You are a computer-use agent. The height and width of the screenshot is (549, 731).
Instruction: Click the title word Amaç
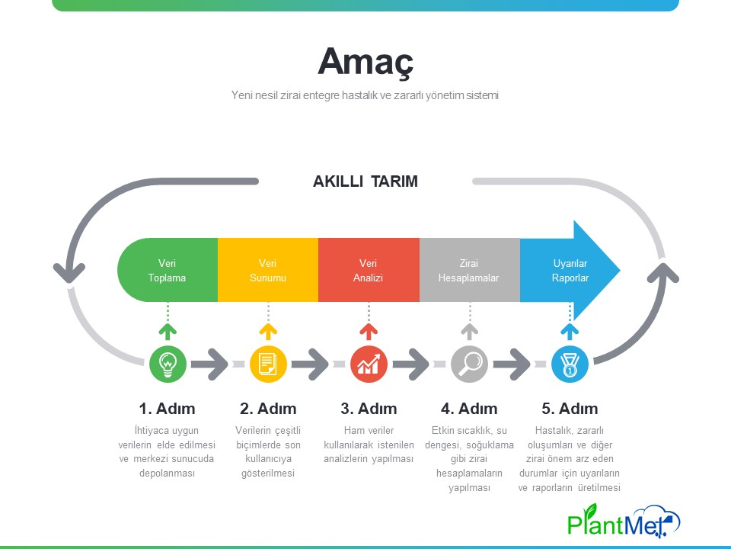[x=365, y=62]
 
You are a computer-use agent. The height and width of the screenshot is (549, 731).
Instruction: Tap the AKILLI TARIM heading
[x=365, y=181]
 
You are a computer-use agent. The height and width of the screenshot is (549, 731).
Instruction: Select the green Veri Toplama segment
[x=168, y=270]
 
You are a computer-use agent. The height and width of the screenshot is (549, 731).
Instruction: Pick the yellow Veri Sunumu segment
[x=268, y=270]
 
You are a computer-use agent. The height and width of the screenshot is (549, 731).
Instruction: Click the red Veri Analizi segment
[x=369, y=270]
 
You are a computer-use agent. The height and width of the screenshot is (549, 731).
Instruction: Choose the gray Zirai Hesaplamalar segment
[x=470, y=270]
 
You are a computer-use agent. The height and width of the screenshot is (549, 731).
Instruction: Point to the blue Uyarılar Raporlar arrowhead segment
[x=570, y=270]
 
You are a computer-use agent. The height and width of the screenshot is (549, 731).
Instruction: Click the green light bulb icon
[x=168, y=364]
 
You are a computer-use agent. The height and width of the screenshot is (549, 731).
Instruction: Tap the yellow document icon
[x=268, y=364]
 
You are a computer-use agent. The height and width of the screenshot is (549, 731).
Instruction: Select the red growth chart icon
[x=369, y=364]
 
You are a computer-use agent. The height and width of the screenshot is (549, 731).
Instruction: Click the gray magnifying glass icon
[x=470, y=364]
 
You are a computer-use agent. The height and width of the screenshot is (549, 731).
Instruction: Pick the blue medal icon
[x=570, y=364]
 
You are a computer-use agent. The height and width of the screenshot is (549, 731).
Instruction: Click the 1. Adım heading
[x=168, y=409]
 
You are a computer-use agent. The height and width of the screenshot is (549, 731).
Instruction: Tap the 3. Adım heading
[x=369, y=409]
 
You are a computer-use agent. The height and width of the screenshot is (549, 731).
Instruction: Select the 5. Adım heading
[x=570, y=409]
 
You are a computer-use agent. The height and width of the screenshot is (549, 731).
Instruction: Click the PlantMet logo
[x=624, y=520]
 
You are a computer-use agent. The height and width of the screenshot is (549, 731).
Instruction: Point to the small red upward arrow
[x=369, y=331]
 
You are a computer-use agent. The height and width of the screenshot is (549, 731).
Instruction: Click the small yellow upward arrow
[x=268, y=331]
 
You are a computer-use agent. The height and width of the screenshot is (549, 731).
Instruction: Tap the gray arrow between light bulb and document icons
[x=210, y=364]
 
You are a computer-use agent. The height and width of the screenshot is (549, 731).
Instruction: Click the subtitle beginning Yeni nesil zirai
[x=365, y=95]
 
